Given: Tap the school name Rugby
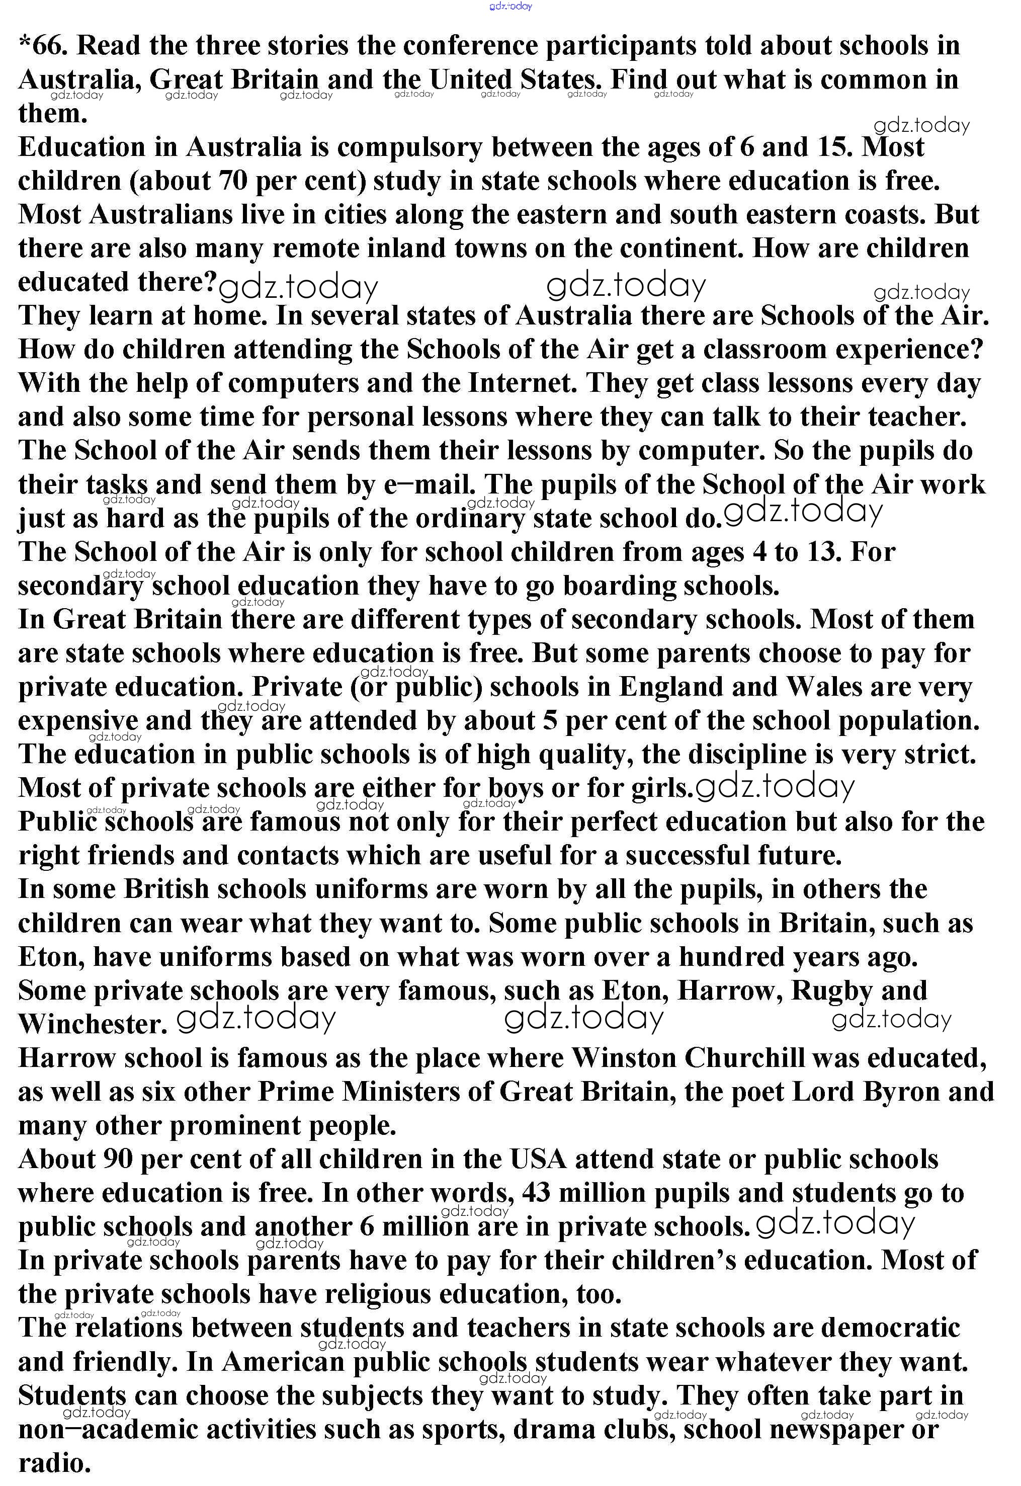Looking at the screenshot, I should [x=832, y=991].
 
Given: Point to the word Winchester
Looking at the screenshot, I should [x=93, y=1025].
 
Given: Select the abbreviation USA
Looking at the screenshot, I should [x=538, y=1160].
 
